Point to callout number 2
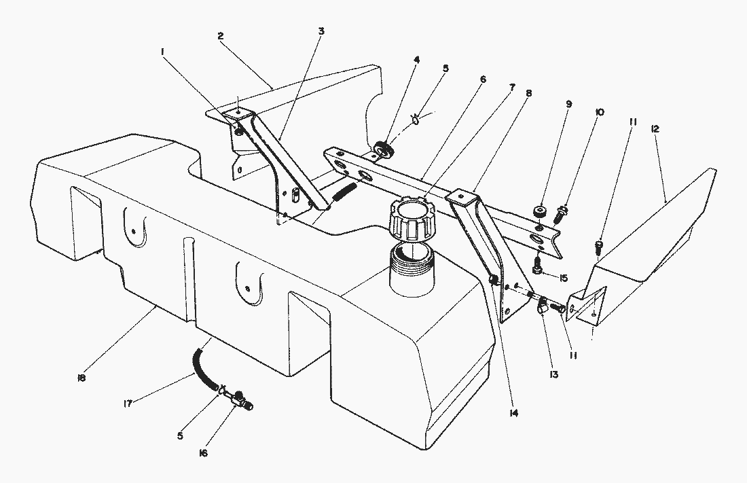tap(221, 36)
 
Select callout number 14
tap(513, 412)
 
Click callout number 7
tap(512, 88)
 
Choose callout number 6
tap(482, 79)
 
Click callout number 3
tap(320, 31)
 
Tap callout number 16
tap(203, 453)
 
